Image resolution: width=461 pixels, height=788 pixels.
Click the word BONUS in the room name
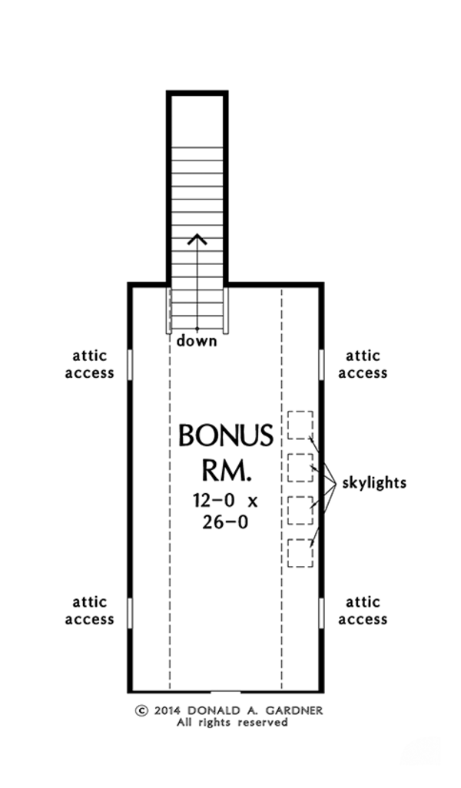click(225, 436)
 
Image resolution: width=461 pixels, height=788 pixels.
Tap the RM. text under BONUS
click(225, 470)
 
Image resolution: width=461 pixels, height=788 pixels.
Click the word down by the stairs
click(197, 340)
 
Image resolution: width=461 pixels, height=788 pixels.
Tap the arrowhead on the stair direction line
click(198, 238)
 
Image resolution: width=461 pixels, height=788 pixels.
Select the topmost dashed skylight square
click(300, 425)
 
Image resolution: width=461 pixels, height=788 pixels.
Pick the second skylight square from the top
click(300, 467)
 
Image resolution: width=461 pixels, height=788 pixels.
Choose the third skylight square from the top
click(300, 510)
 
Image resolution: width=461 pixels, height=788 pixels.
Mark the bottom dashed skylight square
click(300, 553)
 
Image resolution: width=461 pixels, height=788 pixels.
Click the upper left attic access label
click(89, 365)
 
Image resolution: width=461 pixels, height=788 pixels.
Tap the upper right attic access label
click(363, 365)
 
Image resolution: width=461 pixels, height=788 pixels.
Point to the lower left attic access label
click(89, 611)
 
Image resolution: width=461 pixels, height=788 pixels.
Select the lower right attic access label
click(363, 611)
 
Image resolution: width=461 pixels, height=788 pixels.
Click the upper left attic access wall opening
click(130, 364)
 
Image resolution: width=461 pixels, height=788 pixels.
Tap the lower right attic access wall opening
click(321, 612)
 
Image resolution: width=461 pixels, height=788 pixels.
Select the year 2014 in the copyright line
click(166, 710)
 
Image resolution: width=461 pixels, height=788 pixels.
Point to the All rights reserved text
click(232, 723)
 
